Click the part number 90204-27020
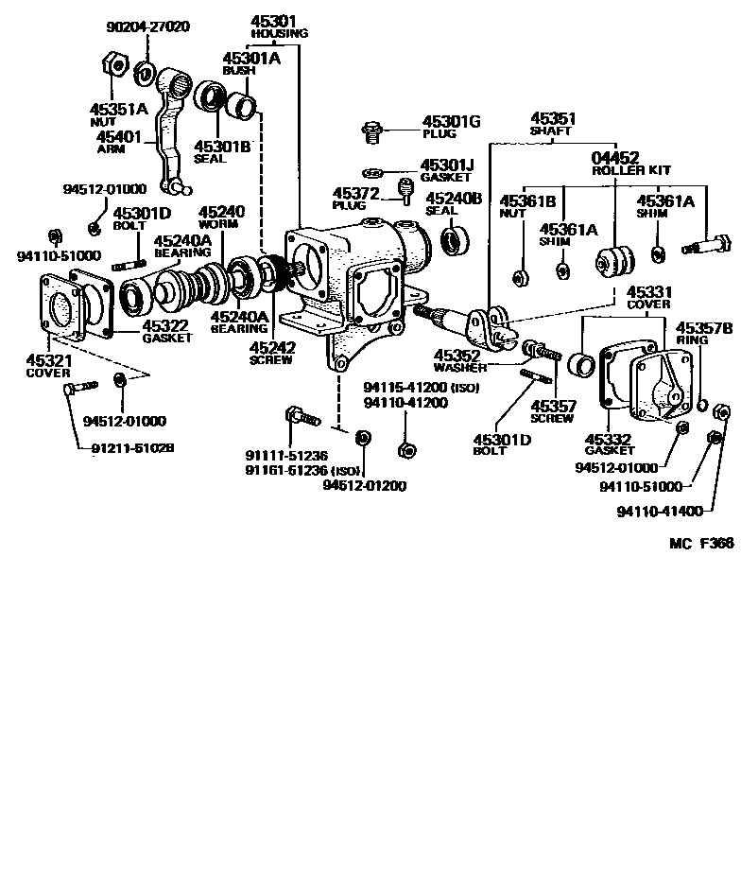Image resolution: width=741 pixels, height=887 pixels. click(x=149, y=26)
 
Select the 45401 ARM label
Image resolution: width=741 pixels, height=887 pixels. click(x=119, y=143)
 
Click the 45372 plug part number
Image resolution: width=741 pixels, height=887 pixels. click(x=354, y=194)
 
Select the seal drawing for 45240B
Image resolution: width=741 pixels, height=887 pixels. click(x=456, y=240)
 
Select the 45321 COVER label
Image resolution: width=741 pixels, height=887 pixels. click(x=48, y=365)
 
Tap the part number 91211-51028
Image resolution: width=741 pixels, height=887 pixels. click(x=121, y=447)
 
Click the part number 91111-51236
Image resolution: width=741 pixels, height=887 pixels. click(x=286, y=455)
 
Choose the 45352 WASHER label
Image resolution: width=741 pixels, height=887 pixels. click(x=460, y=361)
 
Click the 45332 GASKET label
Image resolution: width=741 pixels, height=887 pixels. click(x=612, y=444)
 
